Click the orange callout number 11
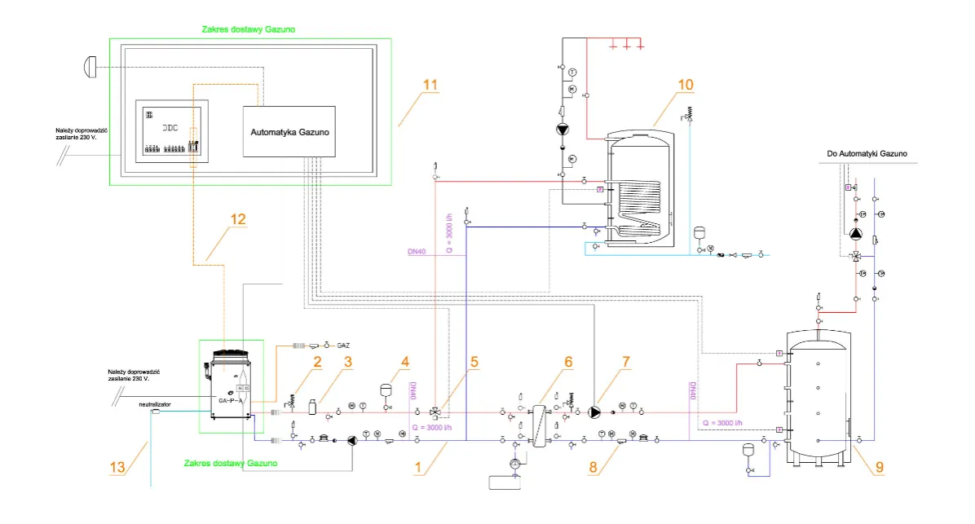tap(430, 85)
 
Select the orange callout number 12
tap(237, 218)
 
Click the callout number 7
tap(626, 359)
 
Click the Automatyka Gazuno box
tap(289, 131)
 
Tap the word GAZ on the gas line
tap(343, 346)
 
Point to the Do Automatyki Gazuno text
tap(867, 153)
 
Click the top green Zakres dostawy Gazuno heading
tap(248, 29)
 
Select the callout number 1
tap(419, 467)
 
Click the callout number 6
tap(568, 359)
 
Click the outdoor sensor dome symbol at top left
tap(90, 65)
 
